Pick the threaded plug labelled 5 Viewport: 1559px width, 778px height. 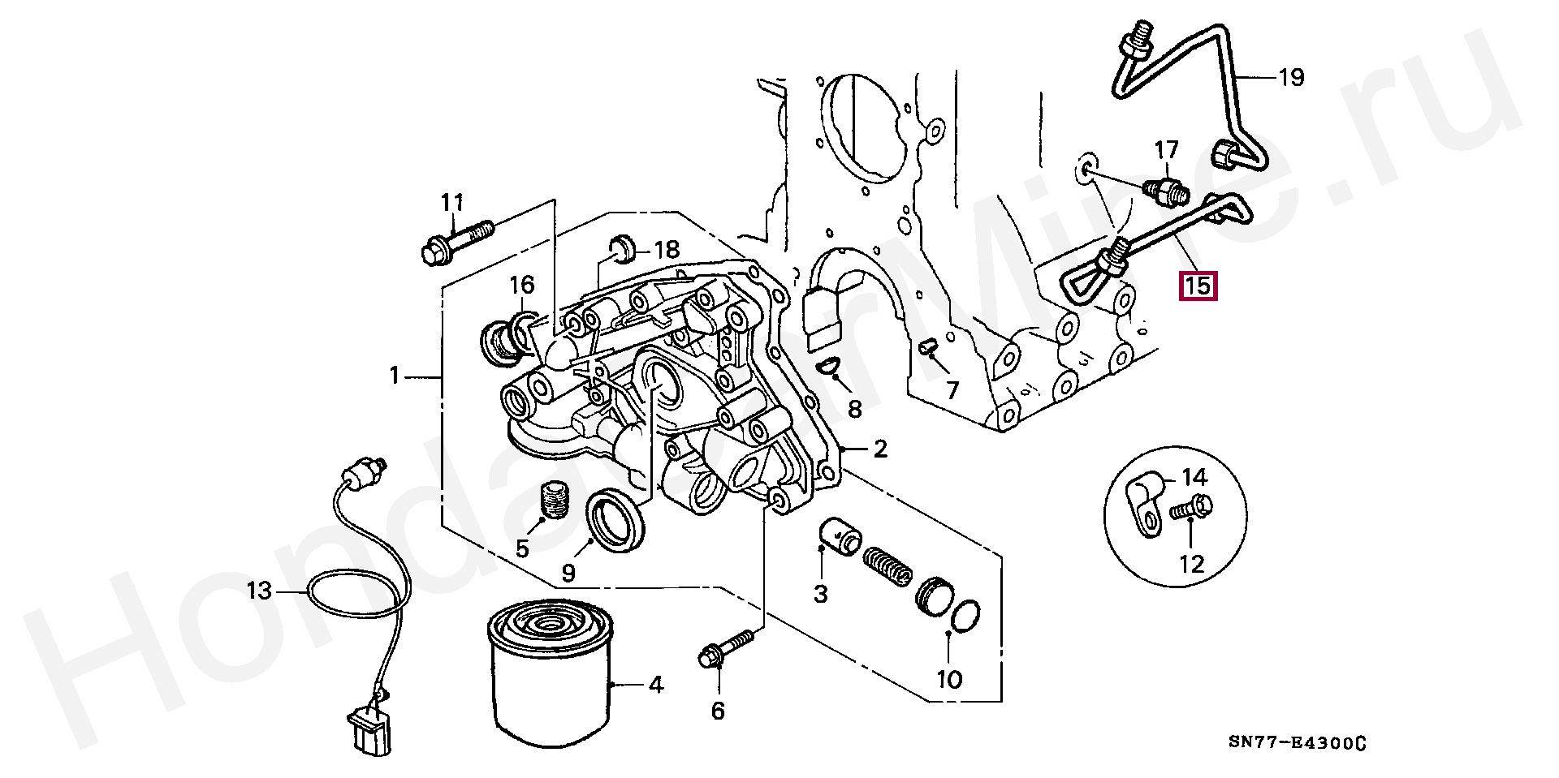(x=552, y=500)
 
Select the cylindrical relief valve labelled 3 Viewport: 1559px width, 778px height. (x=839, y=538)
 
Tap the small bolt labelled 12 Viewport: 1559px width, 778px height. (x=1192, y=509)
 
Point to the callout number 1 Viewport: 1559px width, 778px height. (x=395, y=375)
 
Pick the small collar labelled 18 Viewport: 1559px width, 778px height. (x=624, y=248)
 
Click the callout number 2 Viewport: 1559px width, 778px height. (x=880, y=449)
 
